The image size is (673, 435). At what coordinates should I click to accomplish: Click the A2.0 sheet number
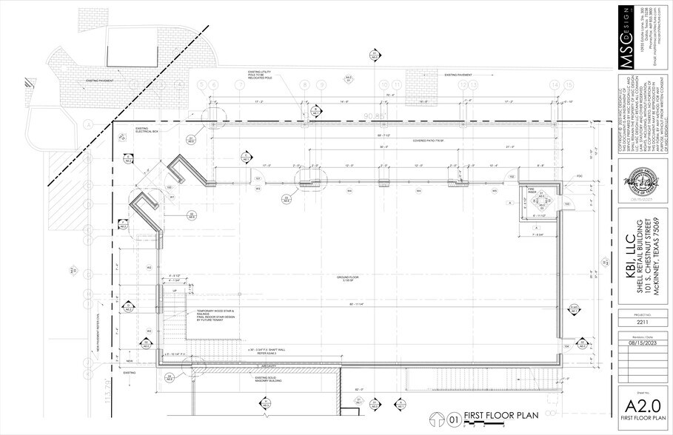[641, 404]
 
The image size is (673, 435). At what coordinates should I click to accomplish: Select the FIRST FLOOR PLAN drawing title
[500, 416]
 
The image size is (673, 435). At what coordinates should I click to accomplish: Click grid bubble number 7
[239, 85]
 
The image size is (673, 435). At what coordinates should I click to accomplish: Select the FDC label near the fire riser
[559, 176]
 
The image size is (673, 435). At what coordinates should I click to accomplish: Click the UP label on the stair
[175, 291]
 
